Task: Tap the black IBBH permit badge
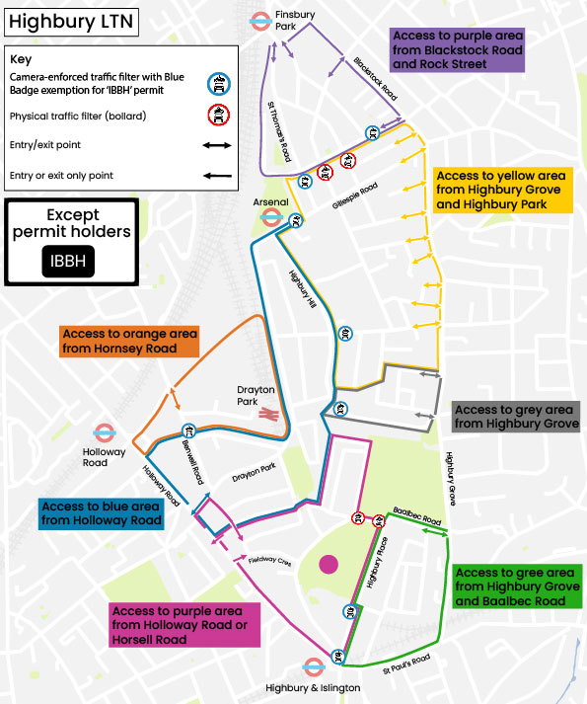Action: (68, 262)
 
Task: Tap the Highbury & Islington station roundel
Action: (314, 666)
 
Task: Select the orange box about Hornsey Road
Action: (127, 341)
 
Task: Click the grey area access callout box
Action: (515, 417)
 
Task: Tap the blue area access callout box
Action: (101, 513)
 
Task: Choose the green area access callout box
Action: (518, 587)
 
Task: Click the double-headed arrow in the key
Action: (217, 145)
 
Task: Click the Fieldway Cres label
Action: (270, 558)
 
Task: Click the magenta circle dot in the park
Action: (329, 564)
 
